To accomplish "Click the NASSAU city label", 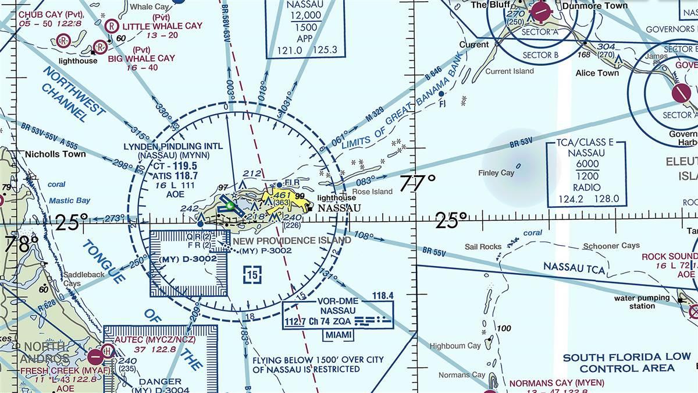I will tap(339, 208).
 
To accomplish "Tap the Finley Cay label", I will tap(496, 173).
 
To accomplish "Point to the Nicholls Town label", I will tap(55, 154).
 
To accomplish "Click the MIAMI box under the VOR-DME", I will tap(338, 335).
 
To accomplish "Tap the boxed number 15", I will tap(252, 274).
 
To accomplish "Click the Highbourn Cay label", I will tap(455, 346).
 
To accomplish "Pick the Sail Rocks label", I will tap(483, 247).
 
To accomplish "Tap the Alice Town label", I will tap(597, 73).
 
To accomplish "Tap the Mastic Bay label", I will tap(69, 201).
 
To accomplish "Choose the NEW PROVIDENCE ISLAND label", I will tap(292, 240).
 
